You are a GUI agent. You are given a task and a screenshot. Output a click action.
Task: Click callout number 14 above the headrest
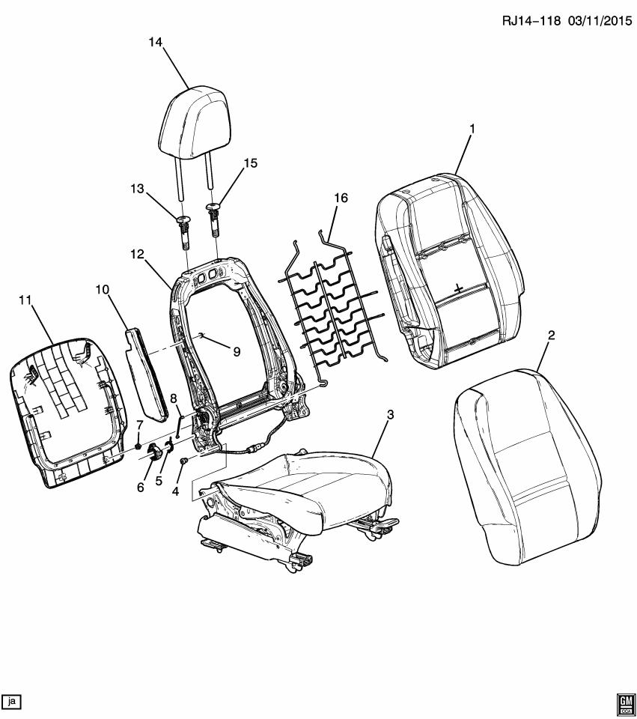click(x=155, y=43)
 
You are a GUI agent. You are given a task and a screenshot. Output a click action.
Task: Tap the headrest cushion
click(x=192, y=124)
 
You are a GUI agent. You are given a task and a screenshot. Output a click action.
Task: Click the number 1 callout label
click(x=472, y=130)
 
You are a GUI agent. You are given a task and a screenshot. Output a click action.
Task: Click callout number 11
click(x=25, y=300)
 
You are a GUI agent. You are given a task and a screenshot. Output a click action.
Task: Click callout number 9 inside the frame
click(x=237, y=351)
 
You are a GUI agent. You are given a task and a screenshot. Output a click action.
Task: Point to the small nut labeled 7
click(x=140, y=447)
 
